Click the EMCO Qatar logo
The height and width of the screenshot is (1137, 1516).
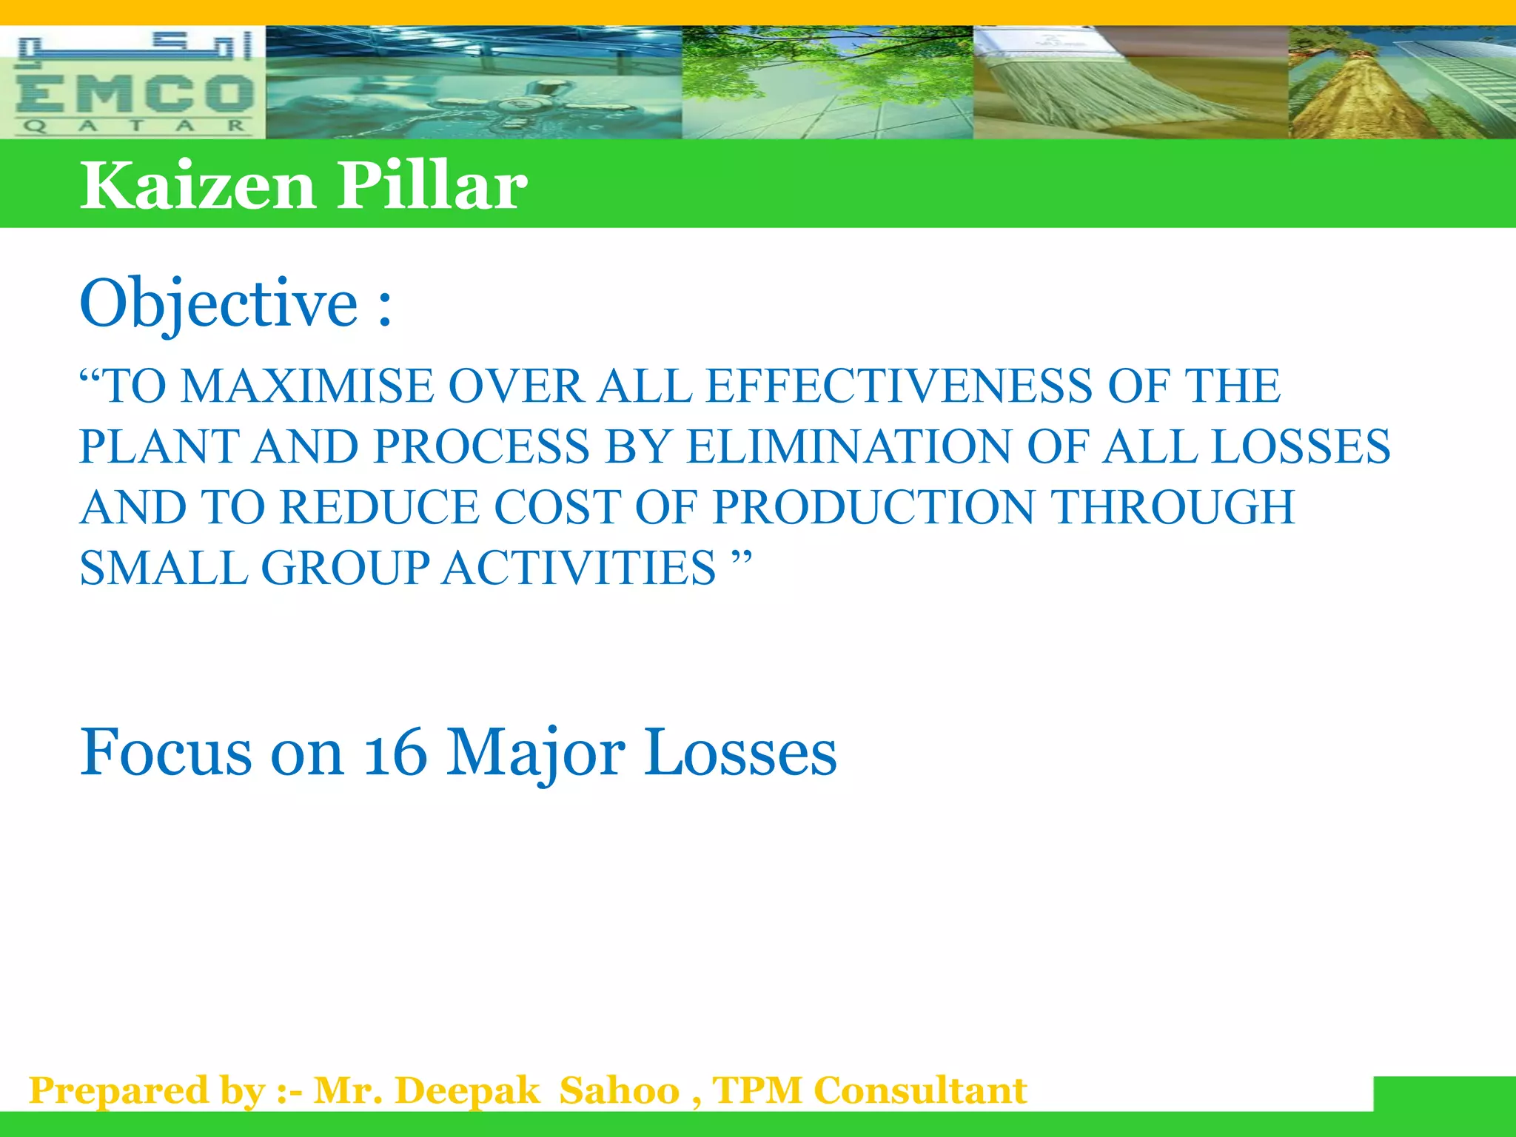(133, 83)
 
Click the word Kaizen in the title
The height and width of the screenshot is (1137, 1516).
(198, 185)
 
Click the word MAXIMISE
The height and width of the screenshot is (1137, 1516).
(307, 386)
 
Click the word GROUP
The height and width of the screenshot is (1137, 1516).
(345, 568)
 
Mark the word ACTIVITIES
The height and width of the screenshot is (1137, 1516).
(579, 568)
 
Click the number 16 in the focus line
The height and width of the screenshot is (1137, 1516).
(395, 753)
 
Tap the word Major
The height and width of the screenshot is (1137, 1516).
(535, 753)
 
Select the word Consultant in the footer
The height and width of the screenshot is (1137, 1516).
(920, 1091)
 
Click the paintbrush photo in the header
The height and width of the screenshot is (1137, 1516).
(1130, 83)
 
